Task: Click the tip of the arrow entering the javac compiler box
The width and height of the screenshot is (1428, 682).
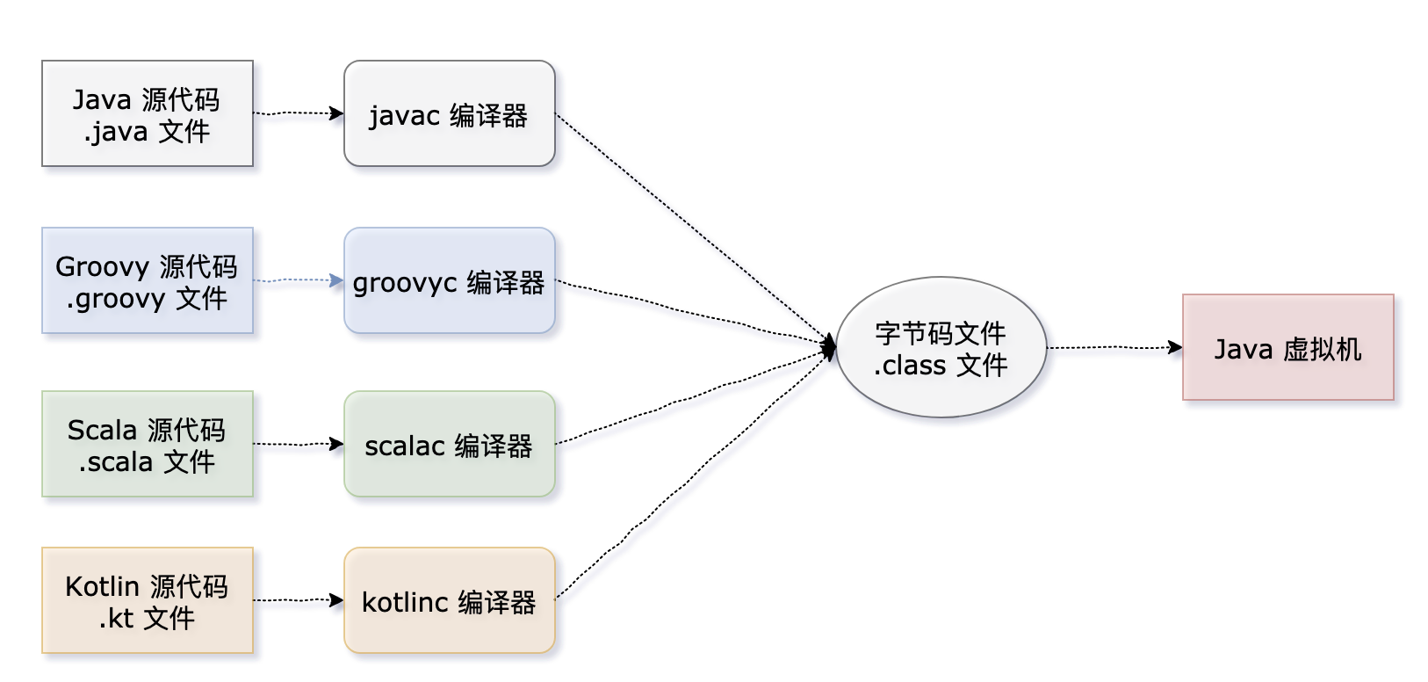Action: pos(343,113)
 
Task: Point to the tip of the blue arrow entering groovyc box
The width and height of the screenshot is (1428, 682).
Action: pos(343,280)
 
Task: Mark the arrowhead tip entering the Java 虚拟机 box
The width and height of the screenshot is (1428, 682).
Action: pos(1183,348)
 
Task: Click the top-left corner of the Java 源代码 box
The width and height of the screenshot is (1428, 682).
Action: pos(42,62)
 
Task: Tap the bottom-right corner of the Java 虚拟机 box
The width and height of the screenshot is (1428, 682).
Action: pos(1394,400)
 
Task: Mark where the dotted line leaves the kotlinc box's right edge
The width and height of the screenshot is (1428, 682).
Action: pos(555,599)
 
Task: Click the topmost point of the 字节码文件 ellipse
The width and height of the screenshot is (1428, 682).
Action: pos(941,277)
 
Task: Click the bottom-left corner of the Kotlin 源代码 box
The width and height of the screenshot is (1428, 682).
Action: pos(42,653)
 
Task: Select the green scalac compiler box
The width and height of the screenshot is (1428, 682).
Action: pos(450,444)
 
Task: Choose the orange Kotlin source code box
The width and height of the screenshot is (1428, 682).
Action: pos(148,600)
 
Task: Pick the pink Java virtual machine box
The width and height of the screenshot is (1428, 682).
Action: pos(1288,348)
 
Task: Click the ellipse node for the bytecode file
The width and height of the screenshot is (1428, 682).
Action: pos(941,348)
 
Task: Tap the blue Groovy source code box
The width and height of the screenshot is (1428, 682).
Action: pos(148,280)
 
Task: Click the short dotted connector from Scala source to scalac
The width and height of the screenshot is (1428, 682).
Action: pos(299,444)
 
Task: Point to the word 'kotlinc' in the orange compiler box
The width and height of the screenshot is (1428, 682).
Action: pos(405,602)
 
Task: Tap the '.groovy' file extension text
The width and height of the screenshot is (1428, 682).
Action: pos(116,300)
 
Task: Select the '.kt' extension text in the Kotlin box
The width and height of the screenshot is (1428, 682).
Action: pos(116,618)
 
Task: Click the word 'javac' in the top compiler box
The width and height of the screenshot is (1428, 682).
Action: pos(404,117)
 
